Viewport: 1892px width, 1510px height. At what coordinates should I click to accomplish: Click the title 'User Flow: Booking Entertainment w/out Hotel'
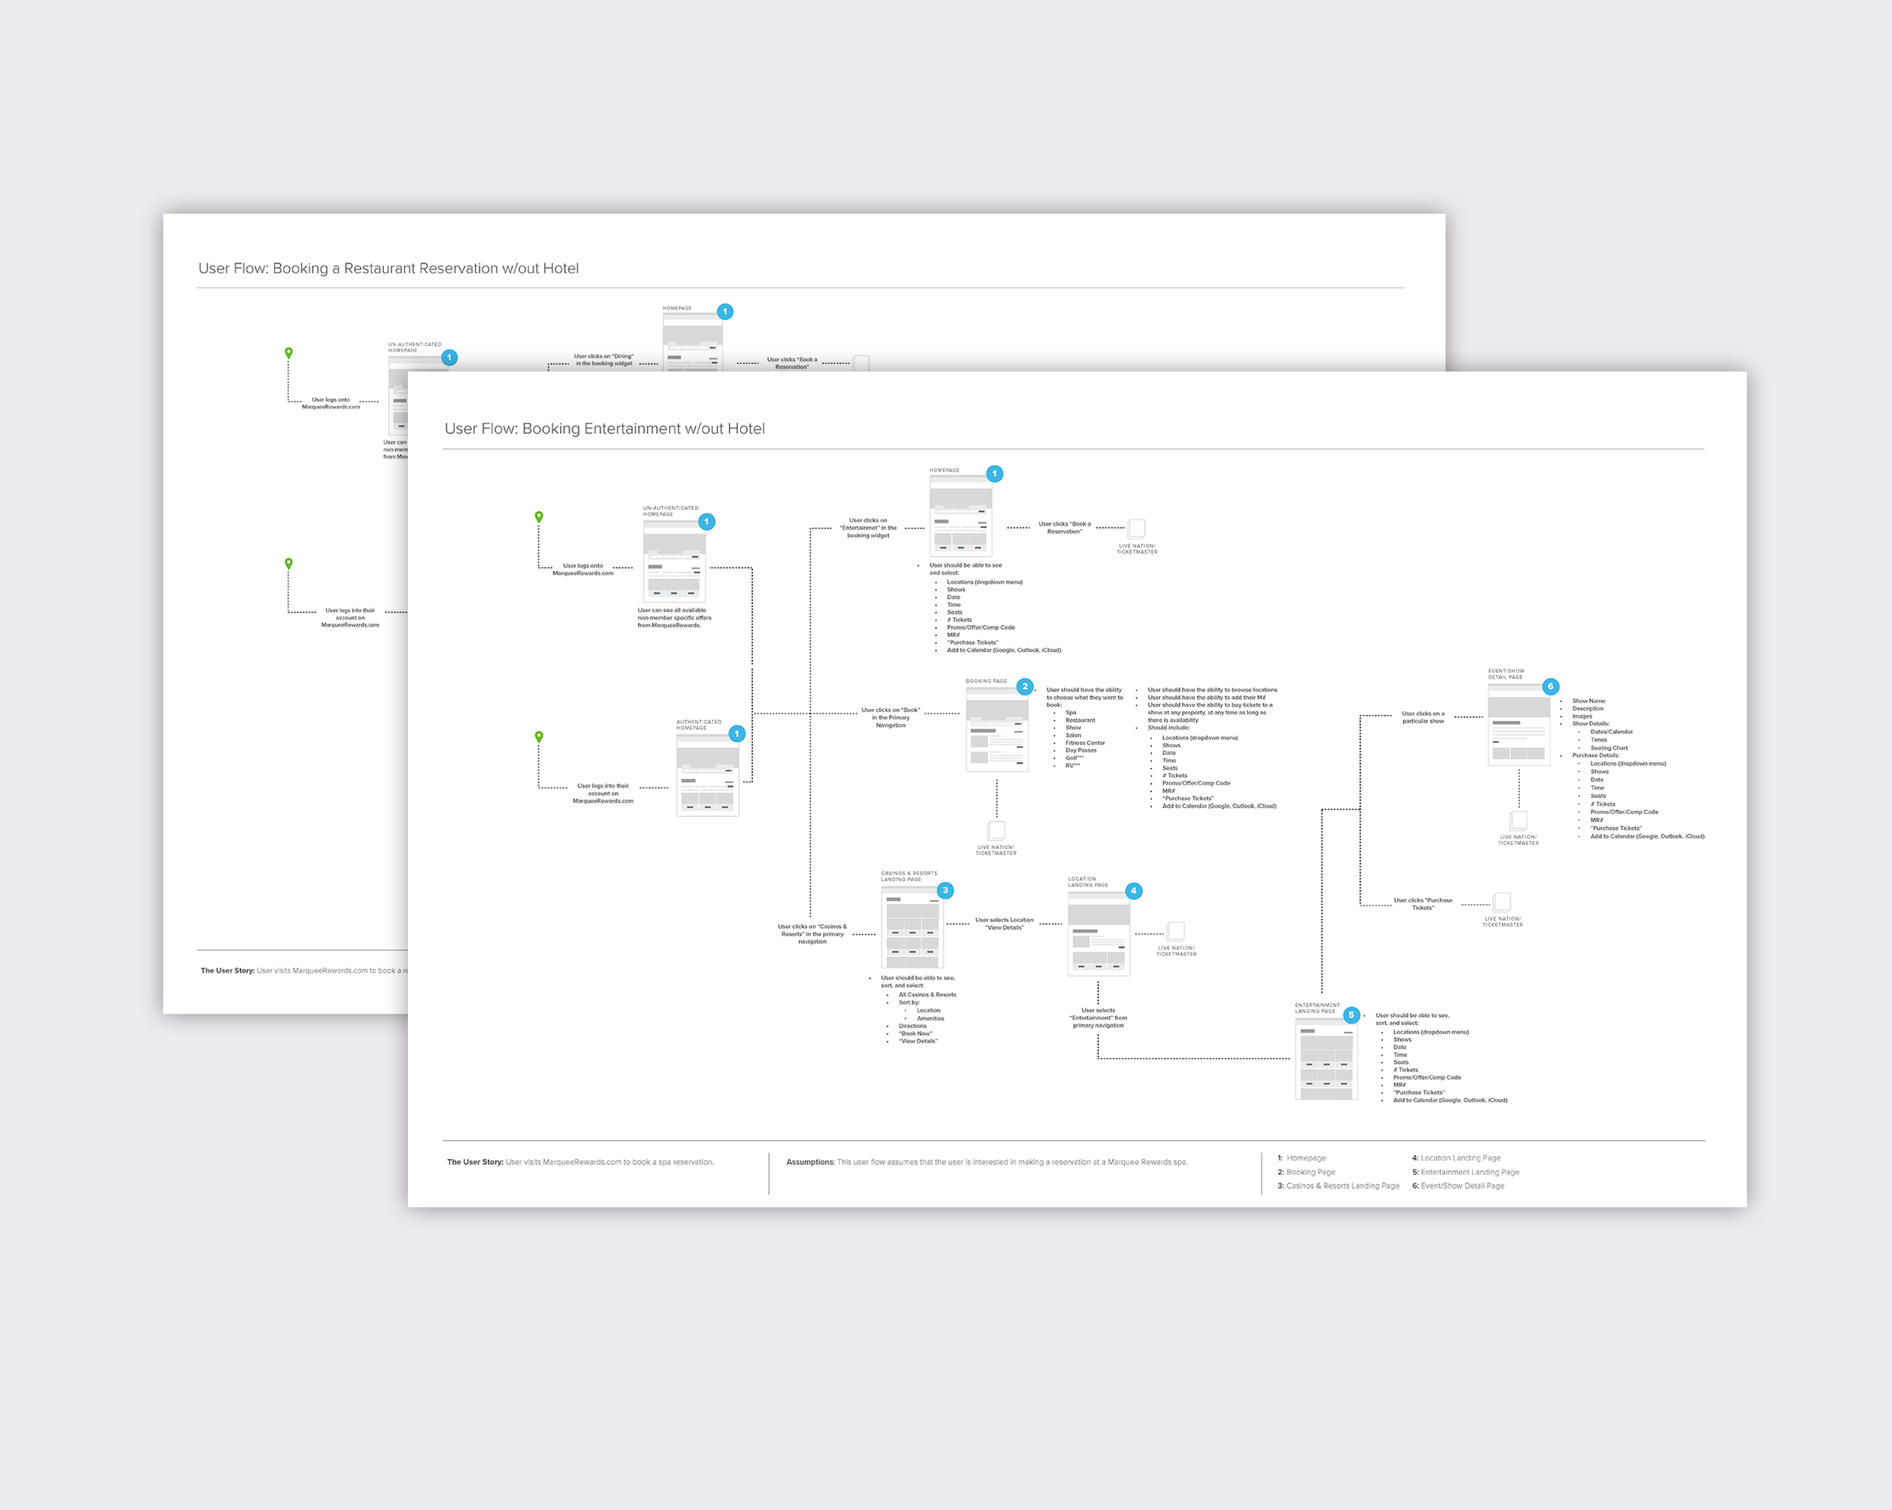tap(604, 429)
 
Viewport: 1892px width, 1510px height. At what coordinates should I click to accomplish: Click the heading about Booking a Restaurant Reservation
tap(388, 269)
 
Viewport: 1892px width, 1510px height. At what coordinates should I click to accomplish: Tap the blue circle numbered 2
tap(1024, 687)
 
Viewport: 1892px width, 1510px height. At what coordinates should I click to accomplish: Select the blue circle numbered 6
tap(1551, 687)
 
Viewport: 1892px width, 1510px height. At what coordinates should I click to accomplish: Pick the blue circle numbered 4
tap(1134, 890)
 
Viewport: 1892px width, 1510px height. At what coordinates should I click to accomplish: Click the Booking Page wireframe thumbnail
tap(996, 730)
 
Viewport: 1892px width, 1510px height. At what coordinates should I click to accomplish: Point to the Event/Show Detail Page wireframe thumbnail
tap(1518, 725)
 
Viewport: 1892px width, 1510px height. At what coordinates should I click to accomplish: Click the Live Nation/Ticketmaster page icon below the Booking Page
tap(996, 830)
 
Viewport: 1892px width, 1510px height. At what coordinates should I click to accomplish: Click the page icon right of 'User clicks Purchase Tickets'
tap(1502, 902)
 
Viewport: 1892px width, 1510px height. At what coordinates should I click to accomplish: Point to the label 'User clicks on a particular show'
tap(1423, 718)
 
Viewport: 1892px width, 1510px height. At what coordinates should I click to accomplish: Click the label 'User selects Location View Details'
tap(1004, 924)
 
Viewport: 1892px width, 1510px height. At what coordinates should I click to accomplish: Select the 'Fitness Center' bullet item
tap(1084, 743)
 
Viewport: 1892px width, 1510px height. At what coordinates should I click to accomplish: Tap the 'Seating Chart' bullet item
tap(1608, 748)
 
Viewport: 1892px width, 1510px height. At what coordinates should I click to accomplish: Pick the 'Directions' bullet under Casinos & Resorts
tap(912, 1026)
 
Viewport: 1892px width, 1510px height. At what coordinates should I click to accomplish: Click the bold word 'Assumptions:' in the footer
tap(810, 1163)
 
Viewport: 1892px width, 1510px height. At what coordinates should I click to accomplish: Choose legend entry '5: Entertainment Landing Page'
tap(1465, 1172)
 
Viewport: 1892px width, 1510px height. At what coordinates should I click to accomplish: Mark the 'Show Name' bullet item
tap(1589, 701)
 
